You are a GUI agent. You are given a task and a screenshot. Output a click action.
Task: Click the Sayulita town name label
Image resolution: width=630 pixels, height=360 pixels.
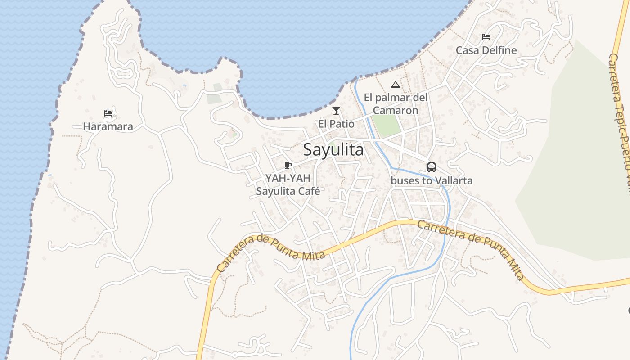pyautogui.click(x=339, y=150)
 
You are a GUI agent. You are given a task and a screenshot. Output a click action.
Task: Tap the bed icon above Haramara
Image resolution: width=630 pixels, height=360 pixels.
pyautogui.click(x=108, y=113)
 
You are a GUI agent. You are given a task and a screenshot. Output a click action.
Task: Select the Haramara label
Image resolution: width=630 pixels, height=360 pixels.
pyautogui.click(x=108, y=126)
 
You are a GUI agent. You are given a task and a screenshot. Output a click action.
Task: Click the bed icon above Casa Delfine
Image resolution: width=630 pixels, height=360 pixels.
pyautogui.click(x=486, y=37)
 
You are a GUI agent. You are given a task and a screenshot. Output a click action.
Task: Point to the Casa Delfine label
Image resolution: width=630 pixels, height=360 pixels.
pyautogui.click(x=486, y=50)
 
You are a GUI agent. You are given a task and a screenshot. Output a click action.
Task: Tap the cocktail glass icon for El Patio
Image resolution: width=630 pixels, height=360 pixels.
pyautogui.click(x=336, y=111)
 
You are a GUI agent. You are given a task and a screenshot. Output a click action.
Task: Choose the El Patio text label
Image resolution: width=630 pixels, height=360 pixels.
pyautogui.click(x=336, y=124)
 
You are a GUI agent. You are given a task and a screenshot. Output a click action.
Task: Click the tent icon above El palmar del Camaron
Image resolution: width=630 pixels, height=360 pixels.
pyautogui.click(x=395, y=85)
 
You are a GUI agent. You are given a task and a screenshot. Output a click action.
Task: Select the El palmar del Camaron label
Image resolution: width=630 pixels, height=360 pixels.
pyautogui.click(x=396, y=104)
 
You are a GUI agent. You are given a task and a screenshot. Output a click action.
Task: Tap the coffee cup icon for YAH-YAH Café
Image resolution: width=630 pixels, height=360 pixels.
pyautogui.click(x=288, y=165)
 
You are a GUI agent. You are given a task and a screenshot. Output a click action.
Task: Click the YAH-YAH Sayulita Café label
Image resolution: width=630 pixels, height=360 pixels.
pyautogui.click(x=288, y=184)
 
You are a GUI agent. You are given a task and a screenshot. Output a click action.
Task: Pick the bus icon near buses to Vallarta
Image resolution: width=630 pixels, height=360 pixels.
pyautogui.click(x=431, y=167)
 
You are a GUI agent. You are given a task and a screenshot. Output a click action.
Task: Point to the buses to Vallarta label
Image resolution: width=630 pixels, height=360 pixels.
pyautogui.click(x=432, y=181)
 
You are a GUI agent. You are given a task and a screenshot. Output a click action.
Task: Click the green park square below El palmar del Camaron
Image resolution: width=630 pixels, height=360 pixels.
pyautogui.click(x=387, y=126)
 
